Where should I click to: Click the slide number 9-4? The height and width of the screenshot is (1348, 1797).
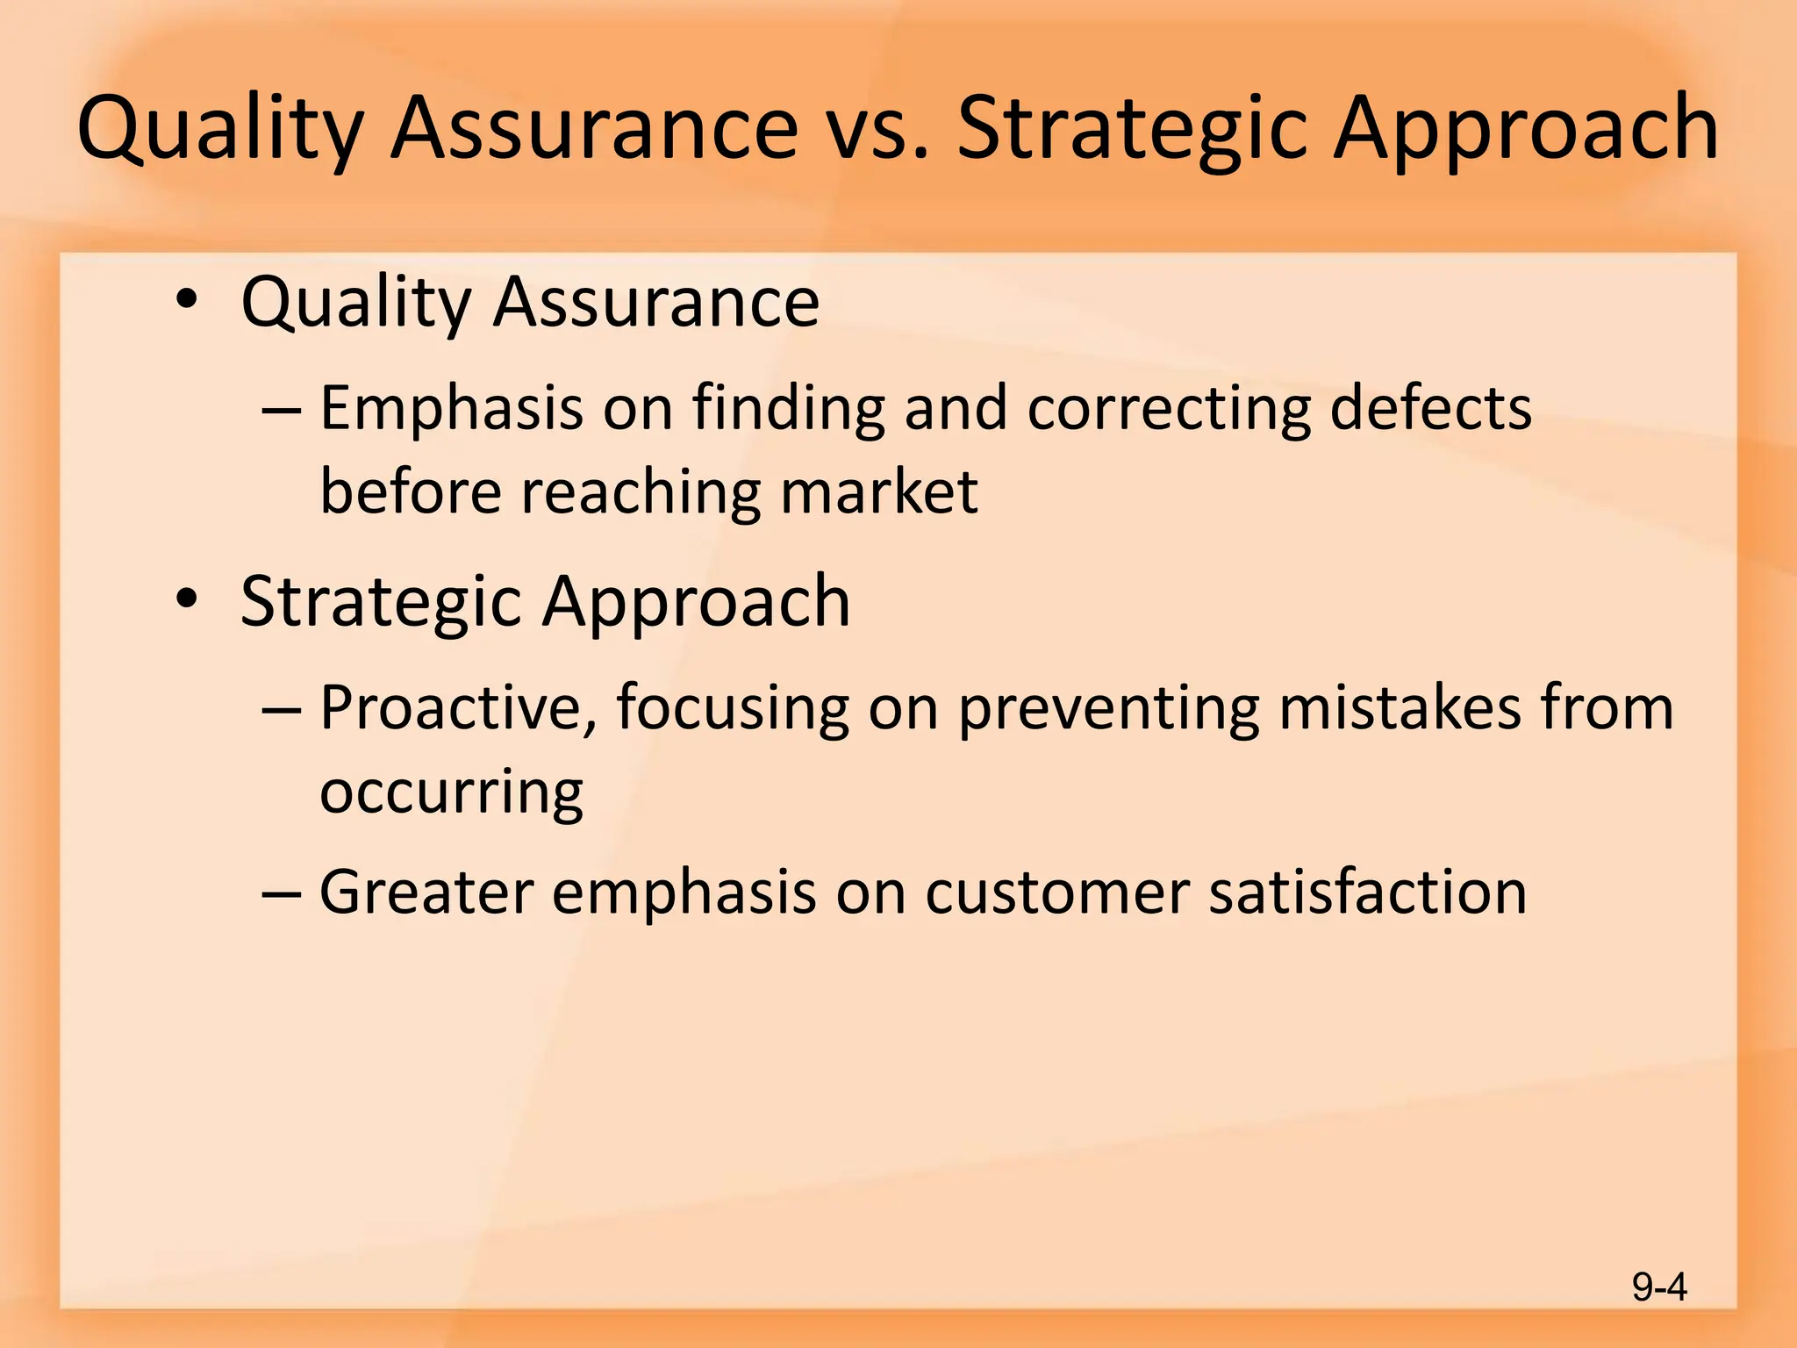tap(1659, 1287)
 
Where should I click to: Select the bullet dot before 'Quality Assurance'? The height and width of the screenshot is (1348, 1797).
tap(186, 300)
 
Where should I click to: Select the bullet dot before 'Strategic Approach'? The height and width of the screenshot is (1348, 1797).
tap(186, 599)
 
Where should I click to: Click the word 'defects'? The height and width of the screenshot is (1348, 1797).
tap(1430, 408)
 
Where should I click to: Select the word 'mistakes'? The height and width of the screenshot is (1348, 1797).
tap(1400, 707)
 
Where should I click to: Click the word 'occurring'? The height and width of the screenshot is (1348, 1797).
tap(451, 792)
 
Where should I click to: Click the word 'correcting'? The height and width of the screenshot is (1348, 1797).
tap(1169, 410)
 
